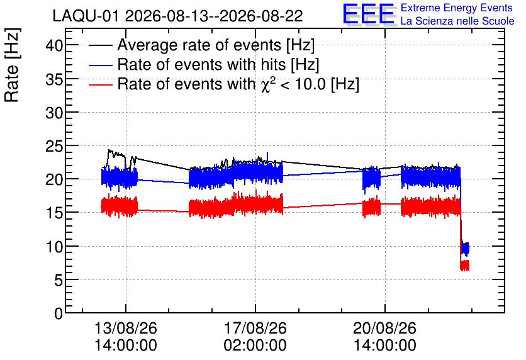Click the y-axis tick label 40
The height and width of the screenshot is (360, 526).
coord(54,45)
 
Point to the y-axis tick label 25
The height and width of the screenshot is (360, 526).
coord(54,146)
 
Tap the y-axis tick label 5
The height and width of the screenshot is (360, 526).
coord(59,280)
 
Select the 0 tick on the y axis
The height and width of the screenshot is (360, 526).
coord(59,313)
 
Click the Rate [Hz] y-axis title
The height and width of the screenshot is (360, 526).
coord(12,65)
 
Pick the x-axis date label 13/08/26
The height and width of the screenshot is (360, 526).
coord(126,328)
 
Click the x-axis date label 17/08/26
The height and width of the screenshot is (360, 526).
coord(255,328)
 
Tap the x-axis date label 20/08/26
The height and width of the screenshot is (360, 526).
coord(385,328)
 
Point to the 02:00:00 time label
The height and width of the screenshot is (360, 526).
coord(255,345)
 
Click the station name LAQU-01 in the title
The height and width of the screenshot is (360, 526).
coord(86,16)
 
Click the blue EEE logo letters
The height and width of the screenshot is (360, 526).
coord(368,14)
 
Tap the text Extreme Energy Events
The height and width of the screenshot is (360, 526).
coord(457,8)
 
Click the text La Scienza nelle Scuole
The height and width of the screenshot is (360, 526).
coord(457,21)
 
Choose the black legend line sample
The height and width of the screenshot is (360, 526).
coord(100,45)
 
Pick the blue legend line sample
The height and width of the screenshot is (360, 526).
coord(100,65)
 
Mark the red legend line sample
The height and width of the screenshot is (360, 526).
coord(100,84)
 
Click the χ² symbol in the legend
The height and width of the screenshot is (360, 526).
coord(267,84)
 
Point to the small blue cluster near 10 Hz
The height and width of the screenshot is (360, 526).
coord(465,249)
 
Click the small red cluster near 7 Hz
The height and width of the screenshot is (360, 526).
coord(464,266)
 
